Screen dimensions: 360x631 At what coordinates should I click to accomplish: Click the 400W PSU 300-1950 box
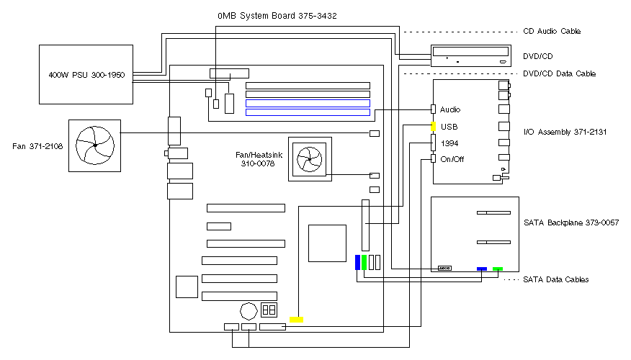(x=86, y=74)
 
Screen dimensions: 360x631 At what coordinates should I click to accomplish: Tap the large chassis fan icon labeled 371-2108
(x=94, y=145)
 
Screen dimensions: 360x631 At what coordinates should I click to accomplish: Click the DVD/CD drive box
(x=473, y=56)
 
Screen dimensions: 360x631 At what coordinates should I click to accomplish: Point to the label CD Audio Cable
(x=552, y=32)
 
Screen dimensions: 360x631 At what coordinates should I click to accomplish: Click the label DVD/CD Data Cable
(x=559, y=73)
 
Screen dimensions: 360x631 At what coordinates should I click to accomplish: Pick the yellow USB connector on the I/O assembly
(x=434, y=127)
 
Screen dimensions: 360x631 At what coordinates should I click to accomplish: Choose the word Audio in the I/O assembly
(x=450, y=110)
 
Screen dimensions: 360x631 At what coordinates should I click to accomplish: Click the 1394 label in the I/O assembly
(x=449, y=143)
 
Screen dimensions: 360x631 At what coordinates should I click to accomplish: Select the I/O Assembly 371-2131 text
(x=562, y=132)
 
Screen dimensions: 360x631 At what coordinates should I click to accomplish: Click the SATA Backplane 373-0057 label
(x=571, y=222)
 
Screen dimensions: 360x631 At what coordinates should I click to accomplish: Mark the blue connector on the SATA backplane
(x=482, y=269)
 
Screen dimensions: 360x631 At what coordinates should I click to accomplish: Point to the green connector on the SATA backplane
(x=498, y=269)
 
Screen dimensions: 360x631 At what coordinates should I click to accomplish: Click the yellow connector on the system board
(x=296, y=318)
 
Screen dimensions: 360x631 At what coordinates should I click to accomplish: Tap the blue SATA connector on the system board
(x=357, y=262)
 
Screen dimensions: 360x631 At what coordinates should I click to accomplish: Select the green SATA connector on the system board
(x=364, y=262)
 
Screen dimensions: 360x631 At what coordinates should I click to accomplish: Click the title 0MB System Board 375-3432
(x=277, y=15)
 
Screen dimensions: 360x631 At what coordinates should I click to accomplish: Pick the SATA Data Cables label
(x=555, y=279)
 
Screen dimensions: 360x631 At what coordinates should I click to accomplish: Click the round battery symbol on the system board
(x=249, y=310)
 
